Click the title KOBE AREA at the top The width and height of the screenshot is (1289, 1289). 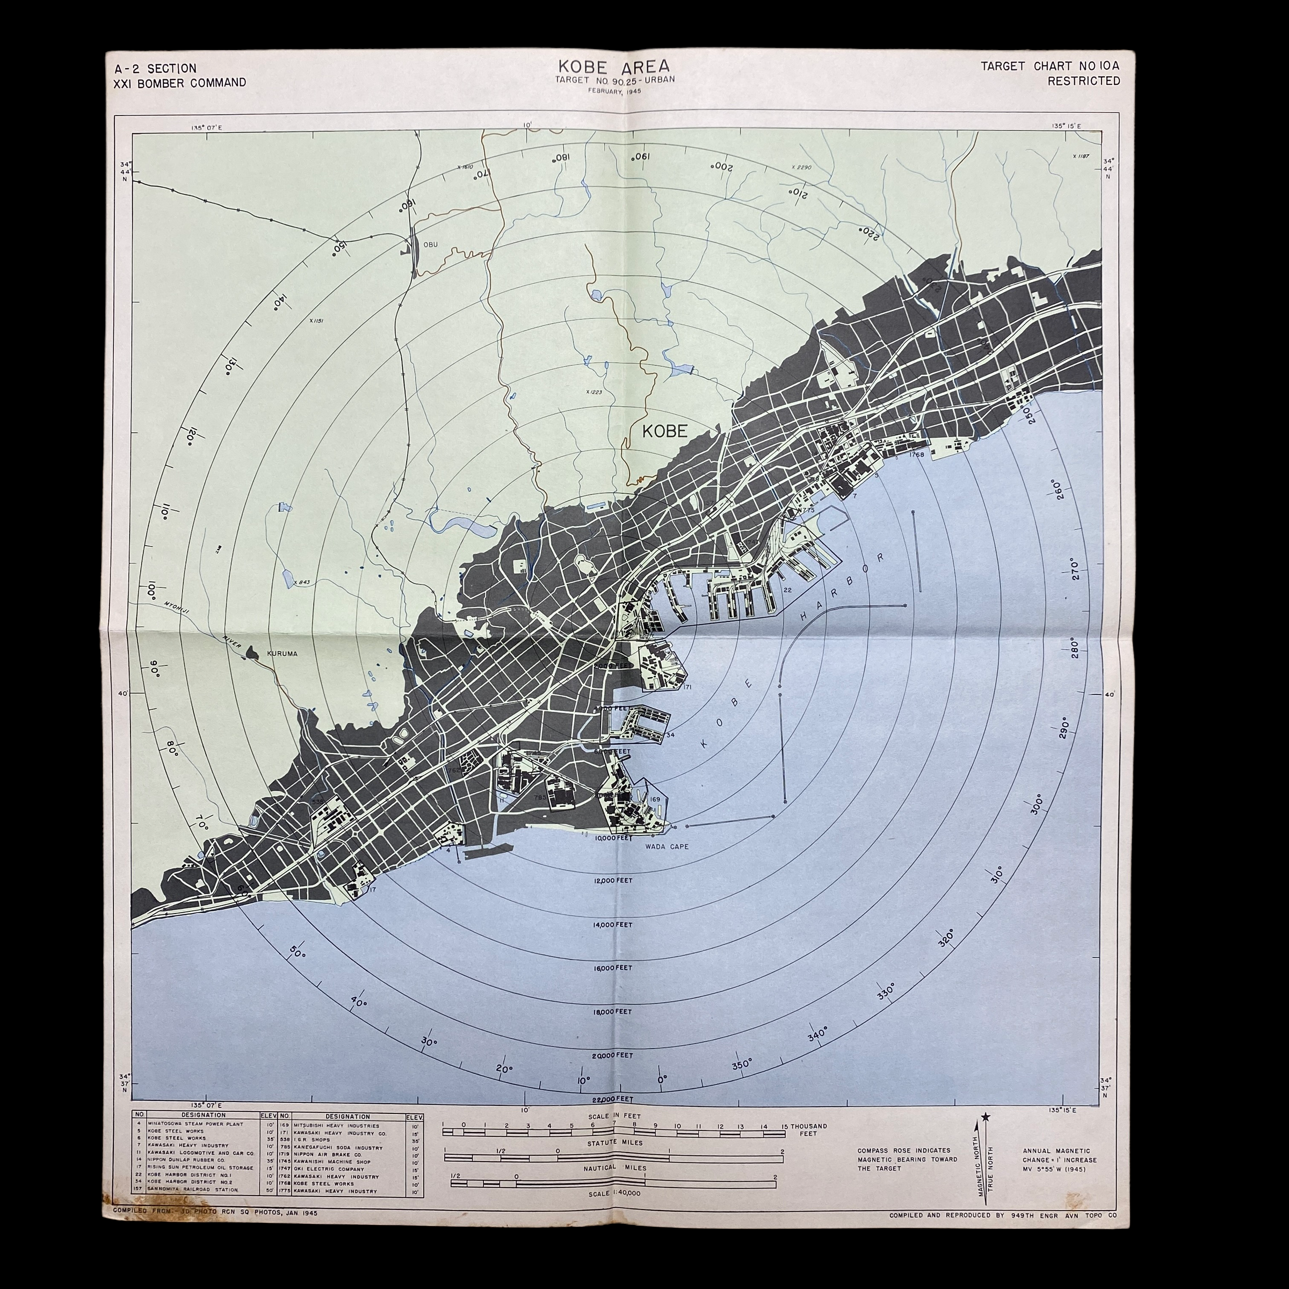(x=614, y=67)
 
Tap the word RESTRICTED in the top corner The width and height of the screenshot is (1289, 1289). (x=1083, y=81)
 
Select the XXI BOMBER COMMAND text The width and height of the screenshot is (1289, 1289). (x=180, y=83)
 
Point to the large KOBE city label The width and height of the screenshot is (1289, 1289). (x=664, y=431)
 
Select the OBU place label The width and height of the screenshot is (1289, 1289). (x=430, y=244)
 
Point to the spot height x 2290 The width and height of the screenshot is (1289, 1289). (x=801, y=167)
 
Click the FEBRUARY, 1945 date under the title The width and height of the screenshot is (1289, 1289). (x=614, y=91)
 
